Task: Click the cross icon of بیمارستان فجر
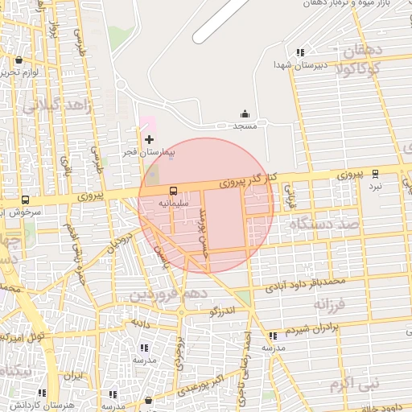(149, 139)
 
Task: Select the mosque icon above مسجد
(245, 114)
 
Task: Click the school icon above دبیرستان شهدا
(299, 52)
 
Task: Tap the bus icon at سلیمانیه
(173, 191)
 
